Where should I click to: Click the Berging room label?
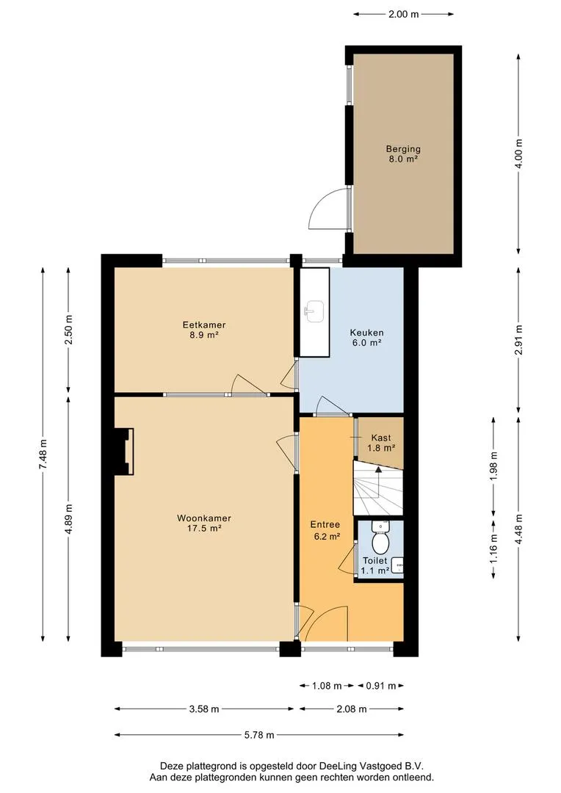[x=403, y=153]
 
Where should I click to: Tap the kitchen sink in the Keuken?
[x=315, y=311]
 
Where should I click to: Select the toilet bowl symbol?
[x=380, y=539]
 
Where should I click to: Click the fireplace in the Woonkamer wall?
[x=124, y=452]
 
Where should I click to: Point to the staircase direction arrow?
[x=378, y=482]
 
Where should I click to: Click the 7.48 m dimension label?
[x=43, y=454]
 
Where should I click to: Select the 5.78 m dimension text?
[x=259, y=735]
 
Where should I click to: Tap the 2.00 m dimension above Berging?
[x=403, y=14]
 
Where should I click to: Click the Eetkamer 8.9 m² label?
[x=204, y=330]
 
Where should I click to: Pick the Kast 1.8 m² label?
[x=381, y=443]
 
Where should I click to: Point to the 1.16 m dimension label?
[x=494, y=548]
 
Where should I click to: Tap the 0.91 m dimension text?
[x=381, y=686]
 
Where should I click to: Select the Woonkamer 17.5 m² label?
[x=204, y=523]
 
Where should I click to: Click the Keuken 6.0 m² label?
[x=366, y=337]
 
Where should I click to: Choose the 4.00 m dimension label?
[x=518, y=153]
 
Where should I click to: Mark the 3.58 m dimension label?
[x=204, y=709]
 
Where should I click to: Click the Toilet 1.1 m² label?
[x=374, y=565]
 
